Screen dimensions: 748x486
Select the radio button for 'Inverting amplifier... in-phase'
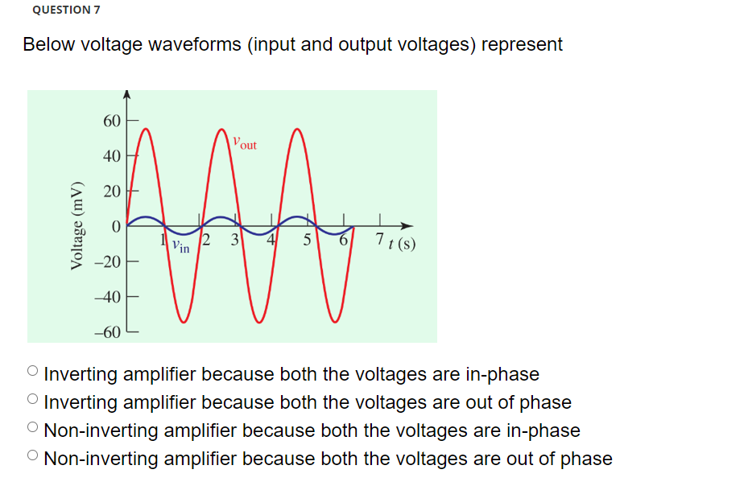(32, 372)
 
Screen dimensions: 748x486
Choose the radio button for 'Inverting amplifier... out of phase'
(32, 400)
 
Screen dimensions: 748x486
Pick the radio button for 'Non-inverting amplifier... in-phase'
(32, 428)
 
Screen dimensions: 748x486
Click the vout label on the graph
(244, 143)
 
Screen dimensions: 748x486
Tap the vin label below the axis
(180, 247)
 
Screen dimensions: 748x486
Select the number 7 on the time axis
(379, 239)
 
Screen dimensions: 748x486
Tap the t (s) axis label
(401, 242)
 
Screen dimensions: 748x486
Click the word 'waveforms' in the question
(195, 44)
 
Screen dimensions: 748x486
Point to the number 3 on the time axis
(234, 239)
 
